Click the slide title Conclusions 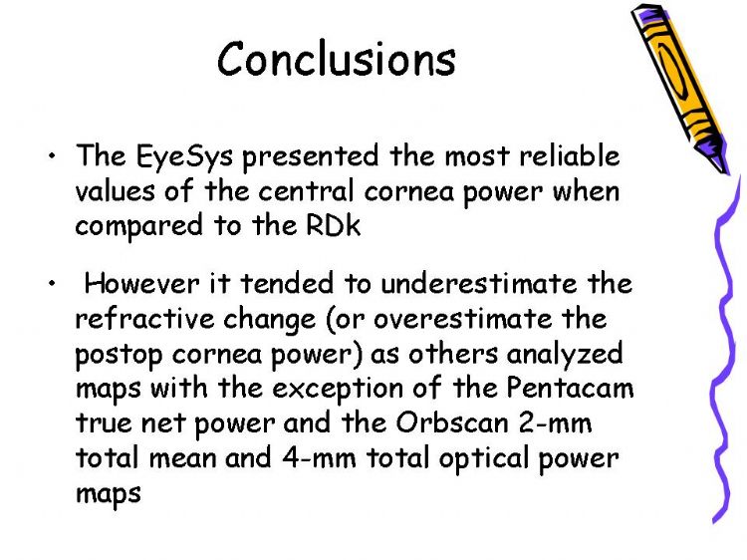337,59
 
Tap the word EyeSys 184,156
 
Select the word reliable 570,155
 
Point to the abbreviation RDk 333,225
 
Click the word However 142,283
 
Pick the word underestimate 479,283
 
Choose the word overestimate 461,319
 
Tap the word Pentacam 570,388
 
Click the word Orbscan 452,422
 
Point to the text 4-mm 319,457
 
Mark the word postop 119,355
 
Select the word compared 139,227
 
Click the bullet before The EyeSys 52,155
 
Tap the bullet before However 52,283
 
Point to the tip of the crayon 727,173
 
